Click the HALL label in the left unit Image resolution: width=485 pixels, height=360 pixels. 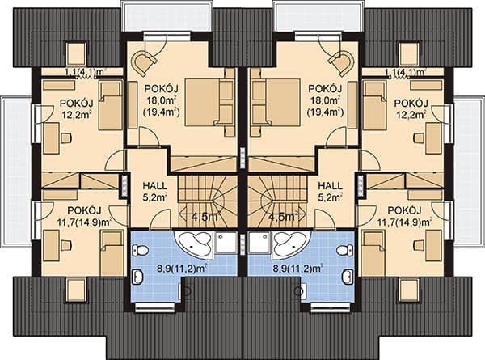[x=154, y=186]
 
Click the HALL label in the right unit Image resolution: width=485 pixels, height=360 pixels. [x=331, y=186]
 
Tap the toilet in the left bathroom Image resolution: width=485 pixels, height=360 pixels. [x=141, y=249]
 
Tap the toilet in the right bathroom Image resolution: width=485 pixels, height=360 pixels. [x=344, y=249]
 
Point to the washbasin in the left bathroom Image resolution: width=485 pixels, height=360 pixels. [x=137, y=276]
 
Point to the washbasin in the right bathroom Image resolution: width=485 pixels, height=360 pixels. [x=348, y=276]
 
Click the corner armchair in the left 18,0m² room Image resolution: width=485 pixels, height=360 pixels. [x=143, y=62]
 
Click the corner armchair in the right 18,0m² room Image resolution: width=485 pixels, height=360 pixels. [x=341, y=62]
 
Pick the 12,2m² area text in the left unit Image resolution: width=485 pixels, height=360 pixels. [x=76, y=115]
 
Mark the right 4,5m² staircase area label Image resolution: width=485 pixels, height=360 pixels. [x=283, y=216]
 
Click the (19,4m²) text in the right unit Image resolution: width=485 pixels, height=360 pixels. [x=325, y=112]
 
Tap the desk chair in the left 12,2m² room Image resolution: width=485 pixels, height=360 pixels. [x=66, y=138]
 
